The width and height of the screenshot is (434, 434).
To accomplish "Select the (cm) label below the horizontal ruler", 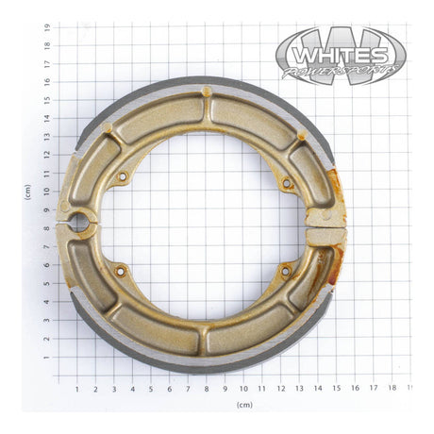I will coord(243,404).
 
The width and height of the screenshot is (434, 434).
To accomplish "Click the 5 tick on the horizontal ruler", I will coord(151,388).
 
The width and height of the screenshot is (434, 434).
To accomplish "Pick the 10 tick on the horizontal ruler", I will coord(243,388).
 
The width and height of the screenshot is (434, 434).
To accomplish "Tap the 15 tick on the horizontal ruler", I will coord(335,388).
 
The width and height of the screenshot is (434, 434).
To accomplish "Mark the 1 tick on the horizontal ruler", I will coord(77,388).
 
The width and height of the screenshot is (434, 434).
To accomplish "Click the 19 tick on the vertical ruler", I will coord(46,28).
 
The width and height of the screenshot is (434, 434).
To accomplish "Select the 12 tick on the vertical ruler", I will coord(46,157).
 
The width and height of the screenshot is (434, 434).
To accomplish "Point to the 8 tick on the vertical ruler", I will coord(46,230).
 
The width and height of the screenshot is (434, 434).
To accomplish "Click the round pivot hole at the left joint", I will coord(79,224).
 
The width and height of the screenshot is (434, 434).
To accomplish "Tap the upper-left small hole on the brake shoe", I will coord(122,176).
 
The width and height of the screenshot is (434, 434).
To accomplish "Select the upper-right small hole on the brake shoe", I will coord(286,183).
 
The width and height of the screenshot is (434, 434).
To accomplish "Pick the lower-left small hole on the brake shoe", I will coord(120,271).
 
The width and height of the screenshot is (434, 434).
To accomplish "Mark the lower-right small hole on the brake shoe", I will coord(285,271).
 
